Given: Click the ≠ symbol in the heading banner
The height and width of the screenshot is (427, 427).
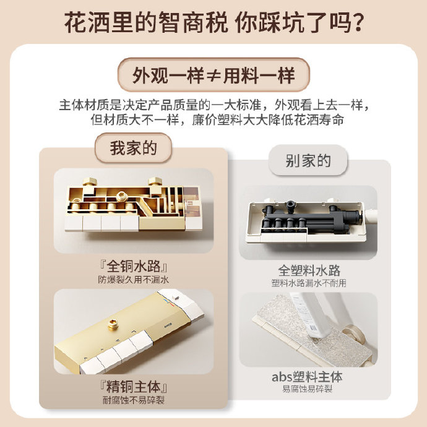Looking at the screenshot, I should (213, 75).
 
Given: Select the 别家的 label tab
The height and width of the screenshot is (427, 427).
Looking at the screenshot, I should (308, 162).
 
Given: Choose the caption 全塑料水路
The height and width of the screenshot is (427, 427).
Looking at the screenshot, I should (309, 270).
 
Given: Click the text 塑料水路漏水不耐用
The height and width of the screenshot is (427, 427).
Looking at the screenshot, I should (309, 283).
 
